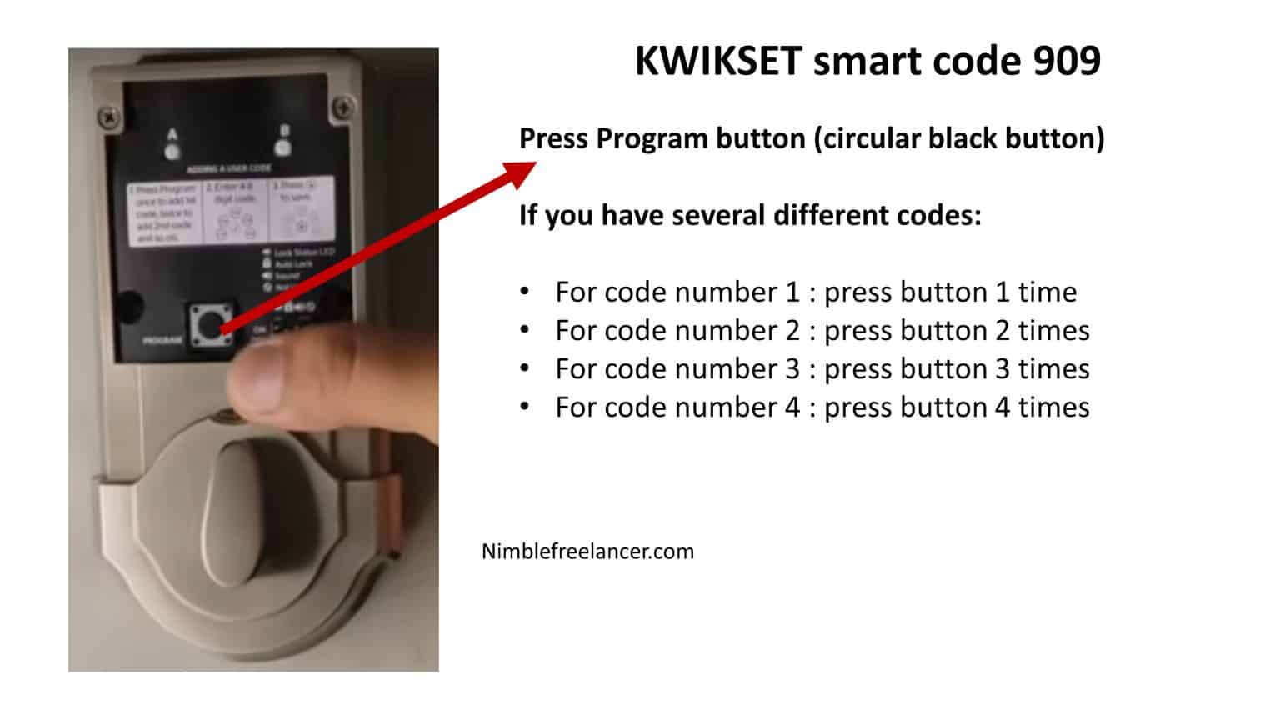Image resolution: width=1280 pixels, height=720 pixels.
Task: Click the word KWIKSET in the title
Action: point(717,61)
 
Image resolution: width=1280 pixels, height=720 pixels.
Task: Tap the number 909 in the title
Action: point(1067,61)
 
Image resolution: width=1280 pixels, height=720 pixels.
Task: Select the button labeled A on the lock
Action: point(172,151)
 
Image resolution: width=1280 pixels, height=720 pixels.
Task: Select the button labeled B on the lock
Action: point(283,147)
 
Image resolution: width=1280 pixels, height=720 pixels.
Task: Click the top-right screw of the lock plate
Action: point(342,107)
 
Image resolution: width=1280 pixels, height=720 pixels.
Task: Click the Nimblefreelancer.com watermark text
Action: point(587,552)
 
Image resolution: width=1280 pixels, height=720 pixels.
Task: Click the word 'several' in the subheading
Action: point(717,215)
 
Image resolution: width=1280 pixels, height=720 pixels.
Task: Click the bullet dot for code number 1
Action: point(524,292)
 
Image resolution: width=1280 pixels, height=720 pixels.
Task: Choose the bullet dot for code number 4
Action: point(524,407)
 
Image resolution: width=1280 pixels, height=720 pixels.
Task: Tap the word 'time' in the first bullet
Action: point(1047,292)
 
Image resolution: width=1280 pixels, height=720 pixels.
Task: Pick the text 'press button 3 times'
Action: point(956,368)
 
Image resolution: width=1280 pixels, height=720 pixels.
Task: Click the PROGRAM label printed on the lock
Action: point(162,340)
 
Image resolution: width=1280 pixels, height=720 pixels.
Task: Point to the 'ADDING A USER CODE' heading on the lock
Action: point(228,169)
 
